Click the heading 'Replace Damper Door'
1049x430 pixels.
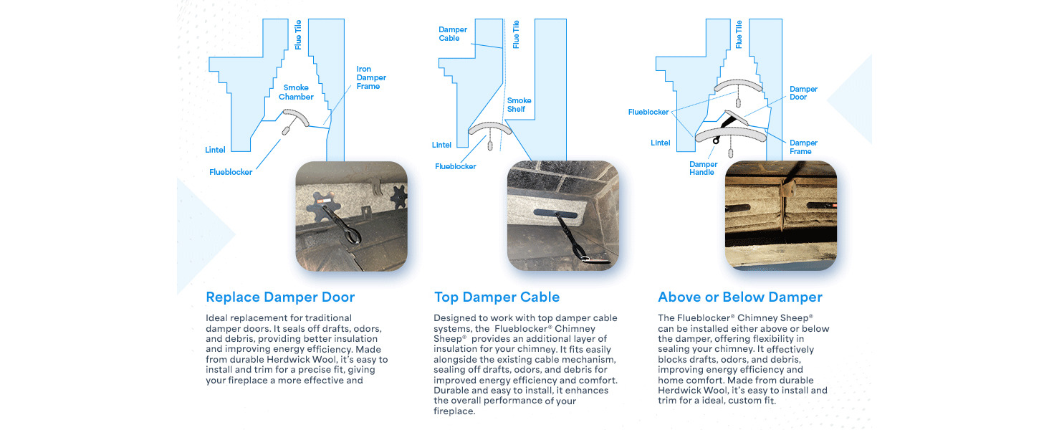279,297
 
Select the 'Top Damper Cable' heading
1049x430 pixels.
497,297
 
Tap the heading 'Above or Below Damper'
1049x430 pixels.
739,297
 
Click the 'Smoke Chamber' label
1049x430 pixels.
296,92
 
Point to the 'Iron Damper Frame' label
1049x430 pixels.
371,77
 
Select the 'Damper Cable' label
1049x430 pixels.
453,34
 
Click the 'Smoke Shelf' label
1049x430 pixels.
519,105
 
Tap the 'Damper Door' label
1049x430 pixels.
803,93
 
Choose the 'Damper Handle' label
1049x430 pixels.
702,168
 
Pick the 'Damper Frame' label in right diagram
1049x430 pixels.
803,147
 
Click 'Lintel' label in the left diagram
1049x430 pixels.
215,150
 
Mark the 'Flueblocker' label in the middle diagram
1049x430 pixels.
455,166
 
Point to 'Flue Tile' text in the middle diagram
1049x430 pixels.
516,34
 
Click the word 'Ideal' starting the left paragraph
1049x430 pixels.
217,317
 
